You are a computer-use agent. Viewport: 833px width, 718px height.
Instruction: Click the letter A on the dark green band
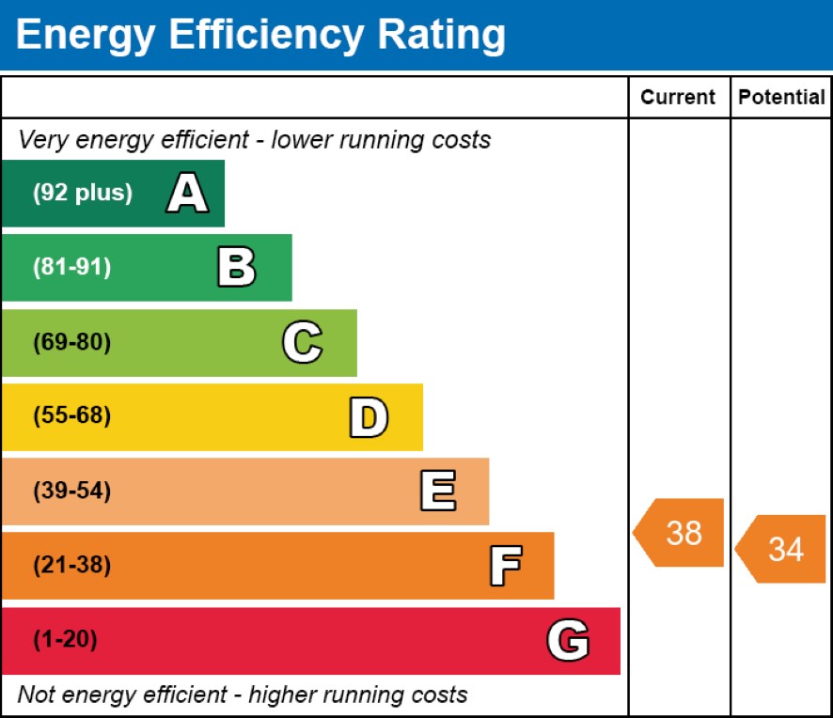point(187,194)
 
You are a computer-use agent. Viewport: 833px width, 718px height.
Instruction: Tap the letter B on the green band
point(236,268)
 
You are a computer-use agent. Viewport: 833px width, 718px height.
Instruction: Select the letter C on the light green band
point(302,342)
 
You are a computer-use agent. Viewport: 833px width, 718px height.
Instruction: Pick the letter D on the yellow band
point(368,417)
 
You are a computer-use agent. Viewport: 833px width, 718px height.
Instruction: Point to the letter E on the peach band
point(437,492)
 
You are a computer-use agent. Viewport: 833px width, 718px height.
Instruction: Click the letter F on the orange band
point(505,566)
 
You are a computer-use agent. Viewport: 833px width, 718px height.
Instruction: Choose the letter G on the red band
point(568,641)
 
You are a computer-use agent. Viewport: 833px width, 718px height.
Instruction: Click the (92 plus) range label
point(83,194)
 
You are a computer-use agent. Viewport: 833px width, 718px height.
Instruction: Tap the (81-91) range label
point(71,268)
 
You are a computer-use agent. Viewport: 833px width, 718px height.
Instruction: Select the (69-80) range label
point(71,342)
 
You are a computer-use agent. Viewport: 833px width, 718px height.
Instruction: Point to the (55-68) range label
point(71,416)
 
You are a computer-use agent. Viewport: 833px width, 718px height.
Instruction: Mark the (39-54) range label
point(71,491)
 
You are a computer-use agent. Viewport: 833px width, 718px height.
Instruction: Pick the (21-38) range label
point(71,566)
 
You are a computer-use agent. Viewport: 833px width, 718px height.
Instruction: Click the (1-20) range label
point(65,640)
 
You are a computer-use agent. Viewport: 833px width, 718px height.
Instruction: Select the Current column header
point(678,98)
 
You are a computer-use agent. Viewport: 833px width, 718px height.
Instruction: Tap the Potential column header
point(781,98)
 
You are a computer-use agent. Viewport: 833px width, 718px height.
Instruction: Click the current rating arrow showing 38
point(680,533)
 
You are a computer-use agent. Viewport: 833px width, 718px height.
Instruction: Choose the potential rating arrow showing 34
point(781,549)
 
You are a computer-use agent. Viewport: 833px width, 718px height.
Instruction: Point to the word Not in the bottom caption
point(35,695)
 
